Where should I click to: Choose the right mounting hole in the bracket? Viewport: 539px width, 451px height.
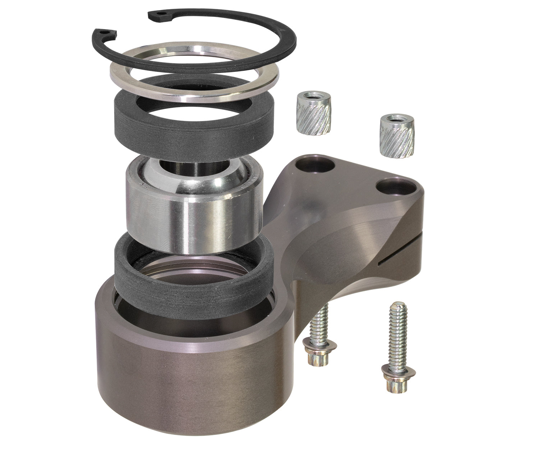394,187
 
